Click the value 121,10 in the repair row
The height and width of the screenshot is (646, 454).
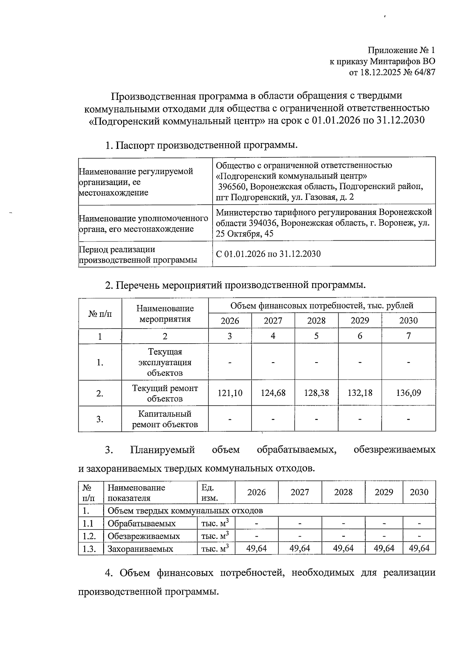[x=230, y=393]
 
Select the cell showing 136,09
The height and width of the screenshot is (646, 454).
[x=408, y=393]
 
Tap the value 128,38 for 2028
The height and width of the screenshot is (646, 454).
[x=316, y=393]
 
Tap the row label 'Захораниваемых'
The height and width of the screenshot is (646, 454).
[x=140, y=549]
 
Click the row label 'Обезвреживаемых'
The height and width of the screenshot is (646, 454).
[x=143, y=536]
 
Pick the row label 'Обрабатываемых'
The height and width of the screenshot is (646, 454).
[x=141, y=524]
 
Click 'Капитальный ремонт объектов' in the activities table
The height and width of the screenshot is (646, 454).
[x=165, y=419]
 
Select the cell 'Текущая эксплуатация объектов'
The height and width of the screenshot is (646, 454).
[x=165, y=362]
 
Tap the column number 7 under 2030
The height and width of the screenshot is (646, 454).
[x=409, y=336]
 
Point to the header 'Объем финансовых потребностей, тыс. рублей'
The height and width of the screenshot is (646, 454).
[x=322, y=306]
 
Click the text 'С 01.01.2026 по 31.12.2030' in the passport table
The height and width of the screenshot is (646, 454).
[x=268, y=254]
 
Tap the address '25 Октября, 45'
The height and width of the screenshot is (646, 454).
[x=244, y=234]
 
